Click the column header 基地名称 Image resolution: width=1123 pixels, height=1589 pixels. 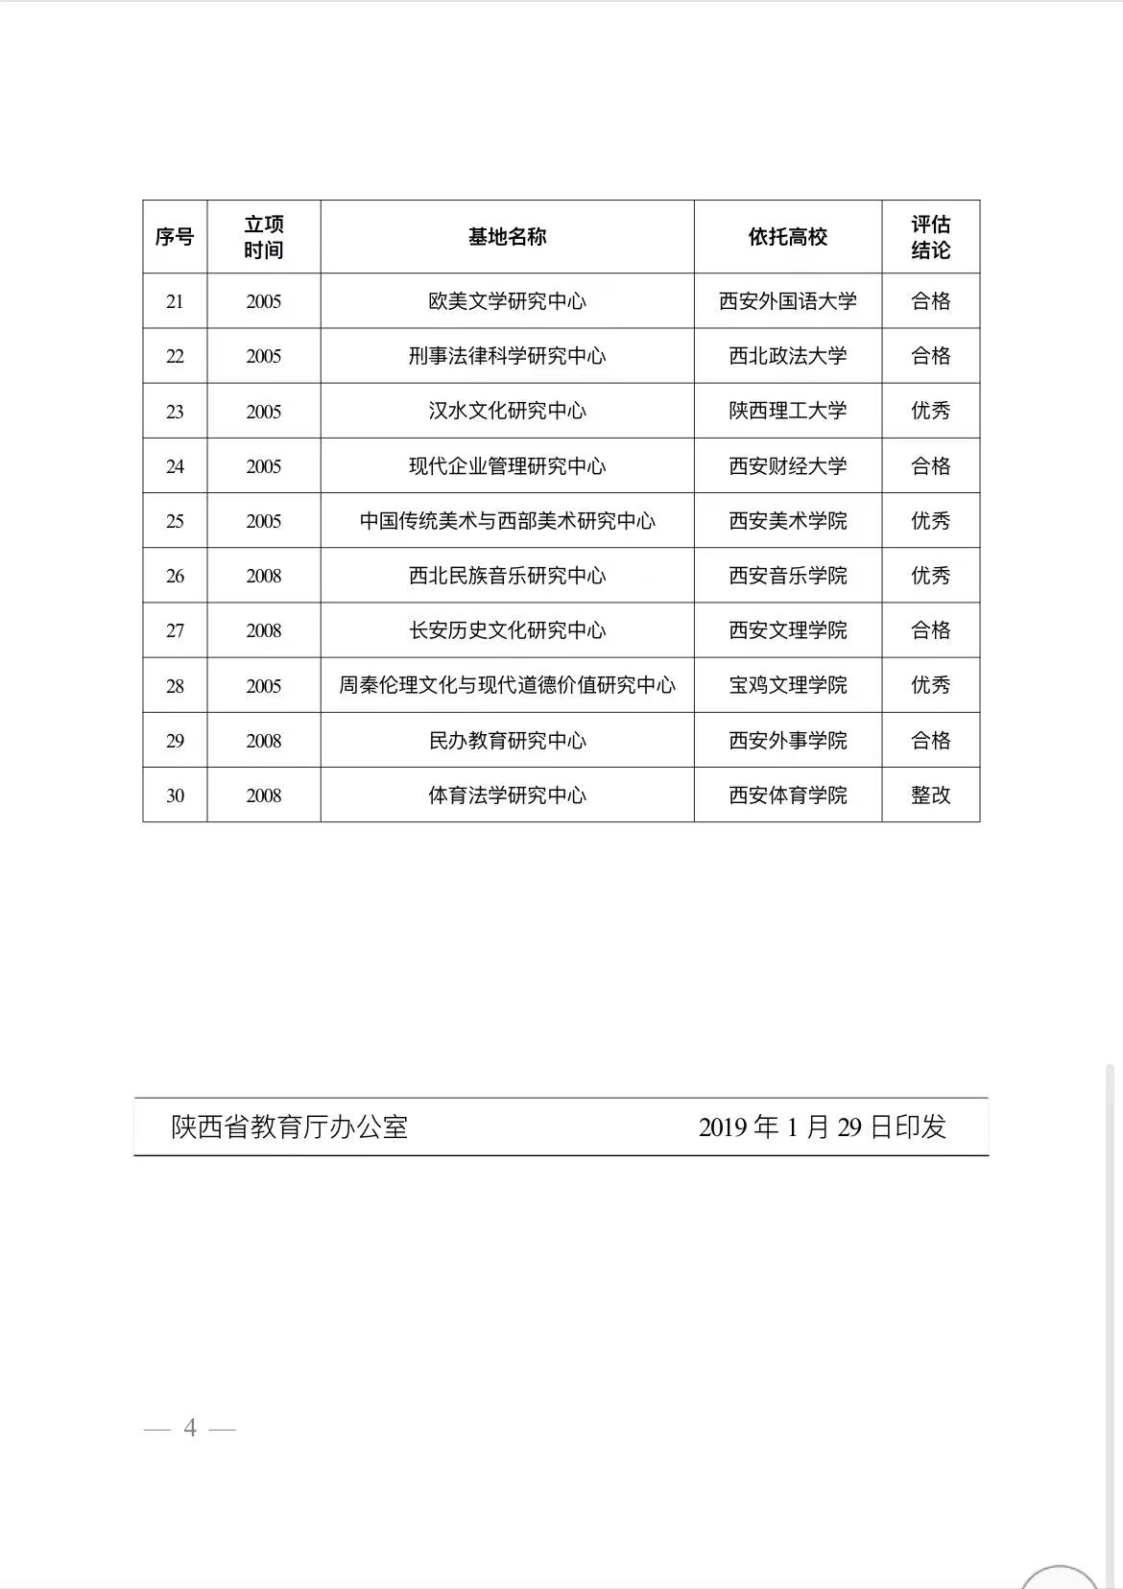(507, 237)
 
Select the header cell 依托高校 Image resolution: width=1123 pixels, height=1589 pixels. (787, 237)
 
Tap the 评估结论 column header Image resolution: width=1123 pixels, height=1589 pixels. (930, 237)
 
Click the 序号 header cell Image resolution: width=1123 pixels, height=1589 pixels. (175, 237)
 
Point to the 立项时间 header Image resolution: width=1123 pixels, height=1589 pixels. (263, 237)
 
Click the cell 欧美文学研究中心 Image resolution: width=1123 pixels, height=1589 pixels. (507, 301)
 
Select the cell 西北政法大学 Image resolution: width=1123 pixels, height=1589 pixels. (787, 356)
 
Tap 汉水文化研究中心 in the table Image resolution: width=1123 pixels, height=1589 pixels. (507, 411)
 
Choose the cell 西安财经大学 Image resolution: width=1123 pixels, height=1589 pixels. (787, 466)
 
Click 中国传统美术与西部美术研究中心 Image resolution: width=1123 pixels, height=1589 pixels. (507, 521)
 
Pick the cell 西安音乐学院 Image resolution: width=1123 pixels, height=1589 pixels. (787, 576)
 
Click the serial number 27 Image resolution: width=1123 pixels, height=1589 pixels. (175, 630)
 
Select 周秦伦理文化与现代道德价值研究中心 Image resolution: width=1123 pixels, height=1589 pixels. (507, 685)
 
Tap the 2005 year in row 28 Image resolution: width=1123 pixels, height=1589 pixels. (263, 686)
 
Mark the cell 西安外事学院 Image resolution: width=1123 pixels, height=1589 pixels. (787, 741)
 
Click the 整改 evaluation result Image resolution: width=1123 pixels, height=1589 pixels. (930, 795)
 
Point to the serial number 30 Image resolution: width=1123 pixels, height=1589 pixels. (175, 795)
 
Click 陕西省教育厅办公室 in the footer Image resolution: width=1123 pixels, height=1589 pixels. (290, 1127)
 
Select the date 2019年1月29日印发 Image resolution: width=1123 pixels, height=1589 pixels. (822, 1127)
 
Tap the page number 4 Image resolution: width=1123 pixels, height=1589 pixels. (190, 1429)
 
